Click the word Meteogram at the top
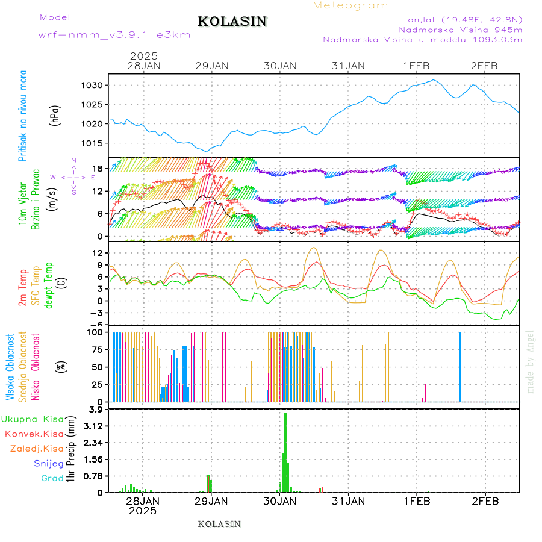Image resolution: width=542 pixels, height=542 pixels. pos(350,5)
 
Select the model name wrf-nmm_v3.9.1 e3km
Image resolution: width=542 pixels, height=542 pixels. pos(114,35)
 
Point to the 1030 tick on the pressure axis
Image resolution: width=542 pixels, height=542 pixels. pos(96,85)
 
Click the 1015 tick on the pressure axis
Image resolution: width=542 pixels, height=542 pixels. pos(96,143)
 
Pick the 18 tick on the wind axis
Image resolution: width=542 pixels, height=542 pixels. pos(99,168)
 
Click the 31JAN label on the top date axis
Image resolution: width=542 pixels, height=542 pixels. pos(347,66)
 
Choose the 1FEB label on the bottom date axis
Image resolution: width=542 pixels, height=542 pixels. pos(416,500)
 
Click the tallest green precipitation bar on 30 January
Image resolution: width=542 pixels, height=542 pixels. pos(285,452)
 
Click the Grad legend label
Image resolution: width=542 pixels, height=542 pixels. pos(52,479)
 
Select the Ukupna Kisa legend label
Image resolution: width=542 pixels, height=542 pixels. pos(32,419)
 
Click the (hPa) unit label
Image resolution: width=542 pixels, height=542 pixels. pos(56,115)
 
